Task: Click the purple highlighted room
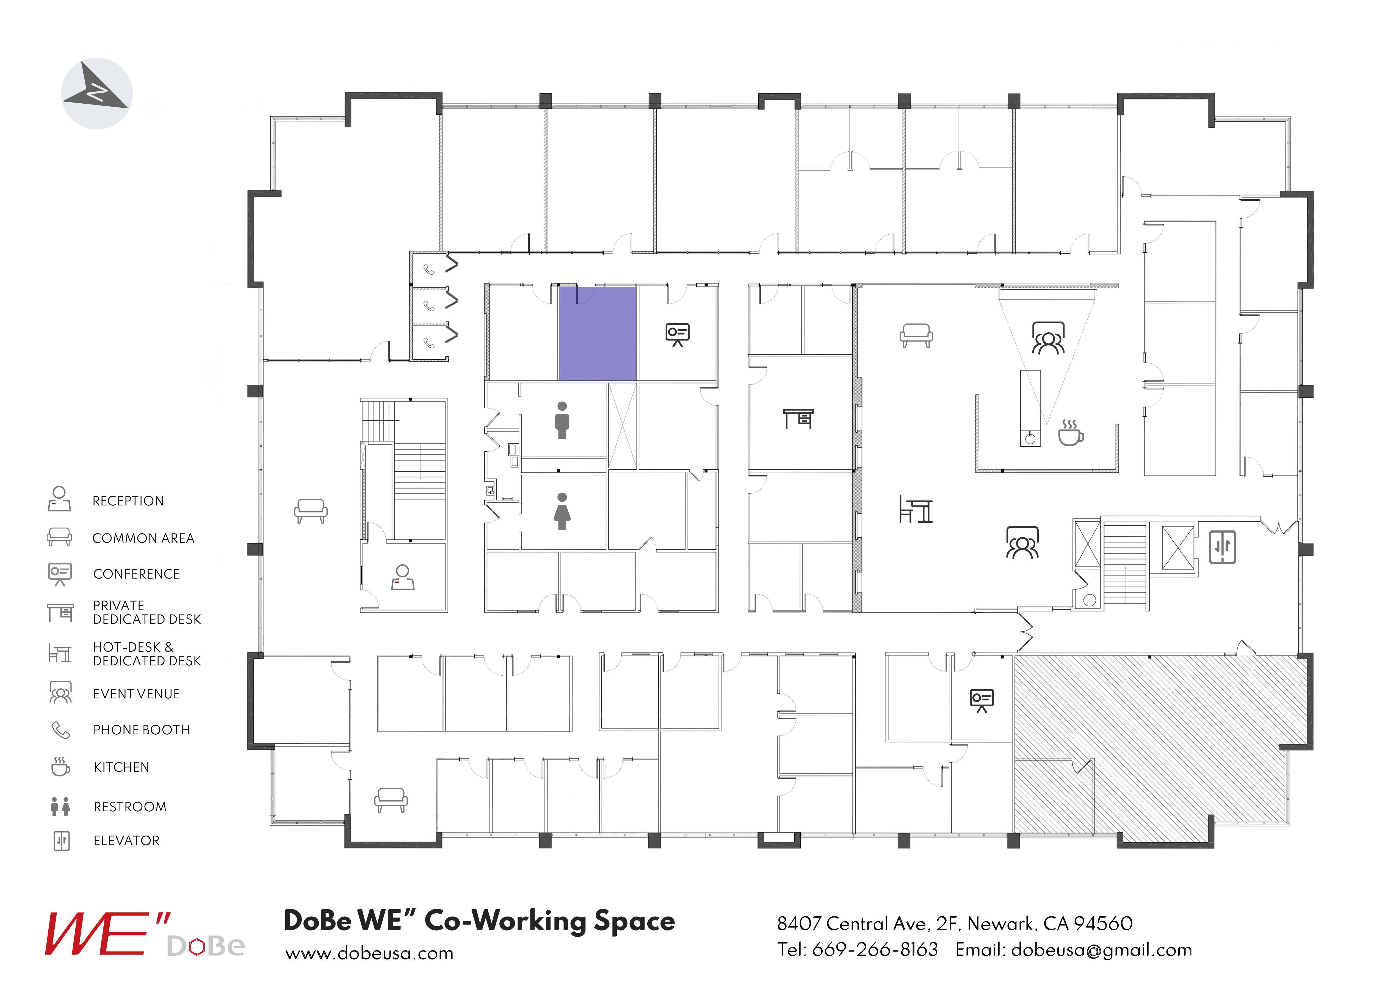pyautogui.click(x=598, y=333)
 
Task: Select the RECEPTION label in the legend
pyautogui.click(x=128, y=501)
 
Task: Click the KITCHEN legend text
pyautogui.click(x=121, y=767)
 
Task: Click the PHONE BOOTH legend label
pyautogui.click(x=142, y=730)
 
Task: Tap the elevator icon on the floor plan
pyautogui.click(x=1222, y=547)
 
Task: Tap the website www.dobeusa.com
pyautogui.click(x=369, y=953)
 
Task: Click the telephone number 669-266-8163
pyautogui.click(x=875, y=950)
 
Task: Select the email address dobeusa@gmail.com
pyautogui.click(x=1101, y=950)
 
